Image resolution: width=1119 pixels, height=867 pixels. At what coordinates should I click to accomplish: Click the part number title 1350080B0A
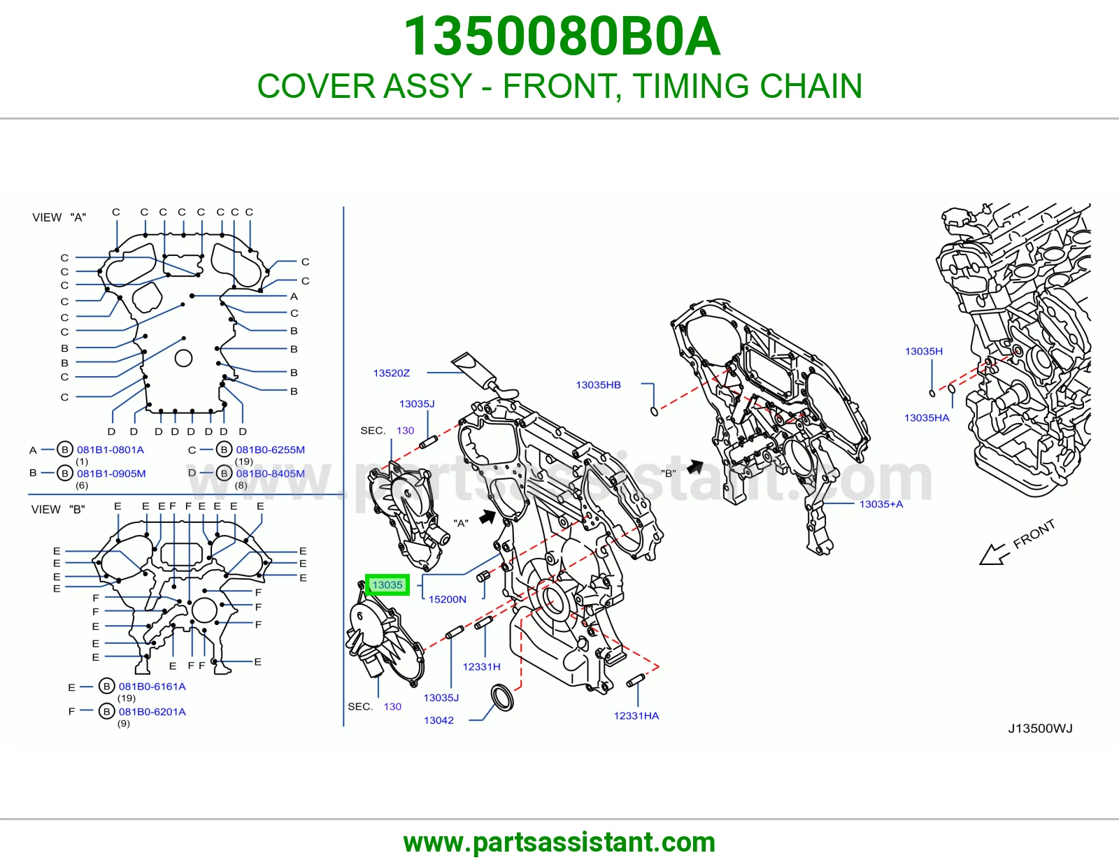562,36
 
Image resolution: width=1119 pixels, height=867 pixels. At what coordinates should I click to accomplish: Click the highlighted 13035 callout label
387,585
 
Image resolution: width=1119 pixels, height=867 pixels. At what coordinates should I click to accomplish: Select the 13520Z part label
392,373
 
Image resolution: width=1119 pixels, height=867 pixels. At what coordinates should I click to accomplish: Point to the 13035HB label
598,385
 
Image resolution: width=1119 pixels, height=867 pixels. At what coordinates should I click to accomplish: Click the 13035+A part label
881,504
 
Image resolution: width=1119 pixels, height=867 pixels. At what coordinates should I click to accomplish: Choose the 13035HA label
927,417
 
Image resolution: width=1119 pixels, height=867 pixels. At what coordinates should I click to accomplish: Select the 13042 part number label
439,720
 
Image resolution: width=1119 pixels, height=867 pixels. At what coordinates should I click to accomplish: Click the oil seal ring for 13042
503,698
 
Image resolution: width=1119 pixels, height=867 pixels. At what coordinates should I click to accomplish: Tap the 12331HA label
636,716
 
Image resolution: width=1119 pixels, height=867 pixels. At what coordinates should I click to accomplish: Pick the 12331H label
481,667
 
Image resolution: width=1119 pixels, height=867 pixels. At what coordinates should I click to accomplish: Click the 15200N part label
448,599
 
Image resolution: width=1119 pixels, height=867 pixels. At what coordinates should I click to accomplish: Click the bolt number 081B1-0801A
111,450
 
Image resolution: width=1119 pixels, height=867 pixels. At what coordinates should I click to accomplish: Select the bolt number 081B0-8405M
271,473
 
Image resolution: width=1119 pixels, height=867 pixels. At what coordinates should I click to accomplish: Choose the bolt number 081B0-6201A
152,712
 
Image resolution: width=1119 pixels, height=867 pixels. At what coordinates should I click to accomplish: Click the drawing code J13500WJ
1040,728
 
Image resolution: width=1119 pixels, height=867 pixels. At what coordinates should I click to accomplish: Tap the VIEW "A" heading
59,217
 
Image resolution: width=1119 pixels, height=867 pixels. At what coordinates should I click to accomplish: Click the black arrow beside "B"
695,466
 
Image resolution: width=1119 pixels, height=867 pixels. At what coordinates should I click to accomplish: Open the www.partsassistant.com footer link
559,843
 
